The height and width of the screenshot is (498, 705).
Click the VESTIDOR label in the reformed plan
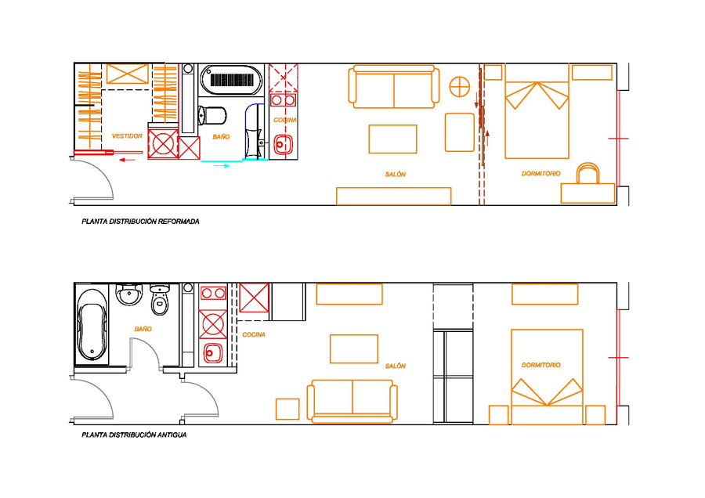pos(127,135)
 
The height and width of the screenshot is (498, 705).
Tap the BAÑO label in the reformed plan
pos(221,136)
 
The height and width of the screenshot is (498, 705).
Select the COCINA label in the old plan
pos(254,334)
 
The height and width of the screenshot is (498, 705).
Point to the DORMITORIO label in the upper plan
pos(540,174)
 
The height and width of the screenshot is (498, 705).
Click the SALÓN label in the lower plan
pos(396,366)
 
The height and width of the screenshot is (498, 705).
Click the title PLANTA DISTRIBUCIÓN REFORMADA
pos(140,221)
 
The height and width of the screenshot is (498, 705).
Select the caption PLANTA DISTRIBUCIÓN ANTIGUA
pos(134,435)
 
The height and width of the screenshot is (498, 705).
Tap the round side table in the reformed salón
pos(460,86)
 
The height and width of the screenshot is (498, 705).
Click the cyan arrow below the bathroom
pos(222,166)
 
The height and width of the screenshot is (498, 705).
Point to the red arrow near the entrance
pos(127,160)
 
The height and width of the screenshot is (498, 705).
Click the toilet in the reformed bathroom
pos(211,116)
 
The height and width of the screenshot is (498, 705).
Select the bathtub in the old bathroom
pos(92,324)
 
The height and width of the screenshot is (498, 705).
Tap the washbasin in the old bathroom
pos(129,294)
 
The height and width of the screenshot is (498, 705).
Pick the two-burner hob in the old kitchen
pos(213,294)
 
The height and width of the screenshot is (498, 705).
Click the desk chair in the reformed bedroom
pos(588,173)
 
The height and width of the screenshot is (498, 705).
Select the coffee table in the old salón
pos(354,348)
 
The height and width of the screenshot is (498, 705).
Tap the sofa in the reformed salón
pos(394,87)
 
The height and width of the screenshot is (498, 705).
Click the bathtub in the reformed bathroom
pos(232,80)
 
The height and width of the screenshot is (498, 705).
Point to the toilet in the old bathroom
pos(160,299)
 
